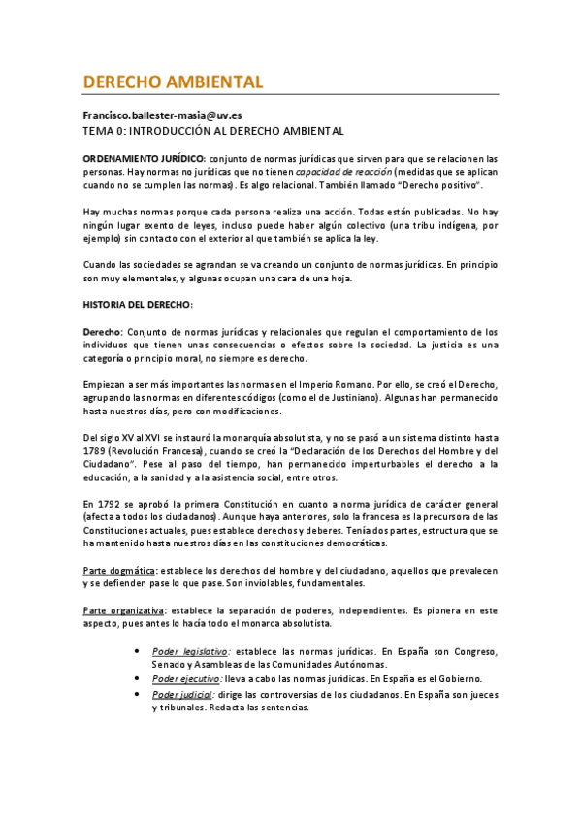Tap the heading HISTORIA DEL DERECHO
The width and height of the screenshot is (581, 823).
[x=138, y=305]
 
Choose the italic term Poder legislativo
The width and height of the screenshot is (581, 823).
[x=191, y=651]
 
